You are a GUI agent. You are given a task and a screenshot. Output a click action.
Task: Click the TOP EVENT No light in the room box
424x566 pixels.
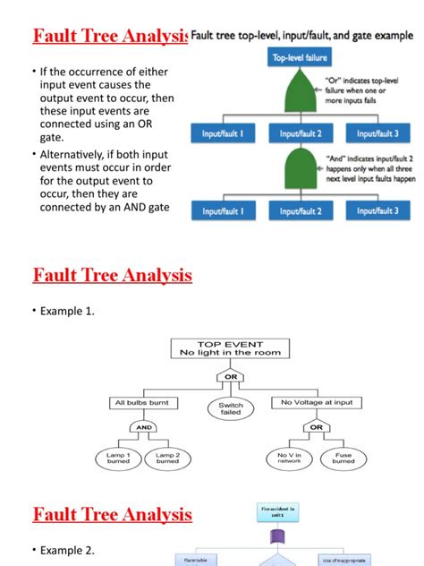(x=230, y=347)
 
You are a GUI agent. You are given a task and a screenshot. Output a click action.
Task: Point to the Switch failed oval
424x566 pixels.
(x=231, y=409)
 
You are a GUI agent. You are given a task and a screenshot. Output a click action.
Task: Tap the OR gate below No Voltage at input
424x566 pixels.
(x=316, y=427)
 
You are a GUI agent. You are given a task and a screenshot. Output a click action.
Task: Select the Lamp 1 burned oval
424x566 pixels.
(x=118, y=459)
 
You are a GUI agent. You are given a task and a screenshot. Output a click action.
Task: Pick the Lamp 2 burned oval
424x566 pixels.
(x=168, y=459)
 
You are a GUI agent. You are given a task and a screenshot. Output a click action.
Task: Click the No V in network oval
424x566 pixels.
(x=289, y=459)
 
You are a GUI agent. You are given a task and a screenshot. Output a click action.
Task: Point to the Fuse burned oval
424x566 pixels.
(x=343, y=459)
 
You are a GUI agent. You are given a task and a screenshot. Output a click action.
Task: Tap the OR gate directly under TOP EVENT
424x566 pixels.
(x=230, y=376)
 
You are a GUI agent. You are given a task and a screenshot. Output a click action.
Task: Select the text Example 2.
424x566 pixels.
(x=69, y=550)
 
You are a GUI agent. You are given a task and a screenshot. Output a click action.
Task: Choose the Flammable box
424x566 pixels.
(x=196, y=561)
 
